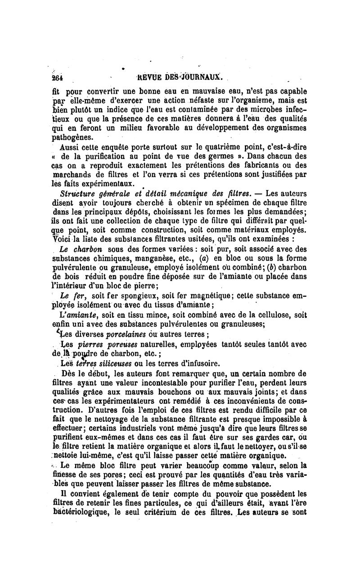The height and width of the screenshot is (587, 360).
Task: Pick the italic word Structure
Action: pos(79,194)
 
